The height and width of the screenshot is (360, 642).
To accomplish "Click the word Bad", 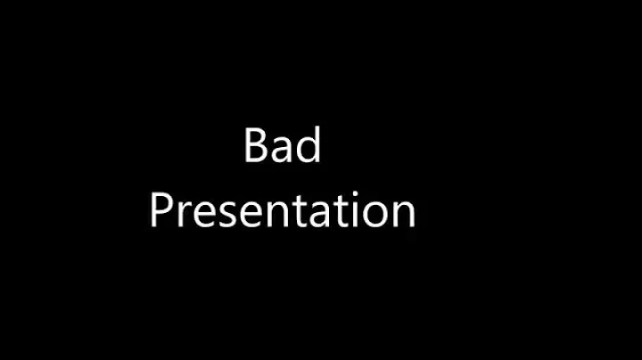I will tap(282, 146).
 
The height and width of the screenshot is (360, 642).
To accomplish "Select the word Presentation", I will tap(282, 212).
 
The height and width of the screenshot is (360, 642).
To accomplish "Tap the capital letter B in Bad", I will tap(256, 146).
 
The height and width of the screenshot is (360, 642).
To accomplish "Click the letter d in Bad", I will tap(307, 146).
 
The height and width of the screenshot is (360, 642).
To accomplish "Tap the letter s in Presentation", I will tap(225, 216).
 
